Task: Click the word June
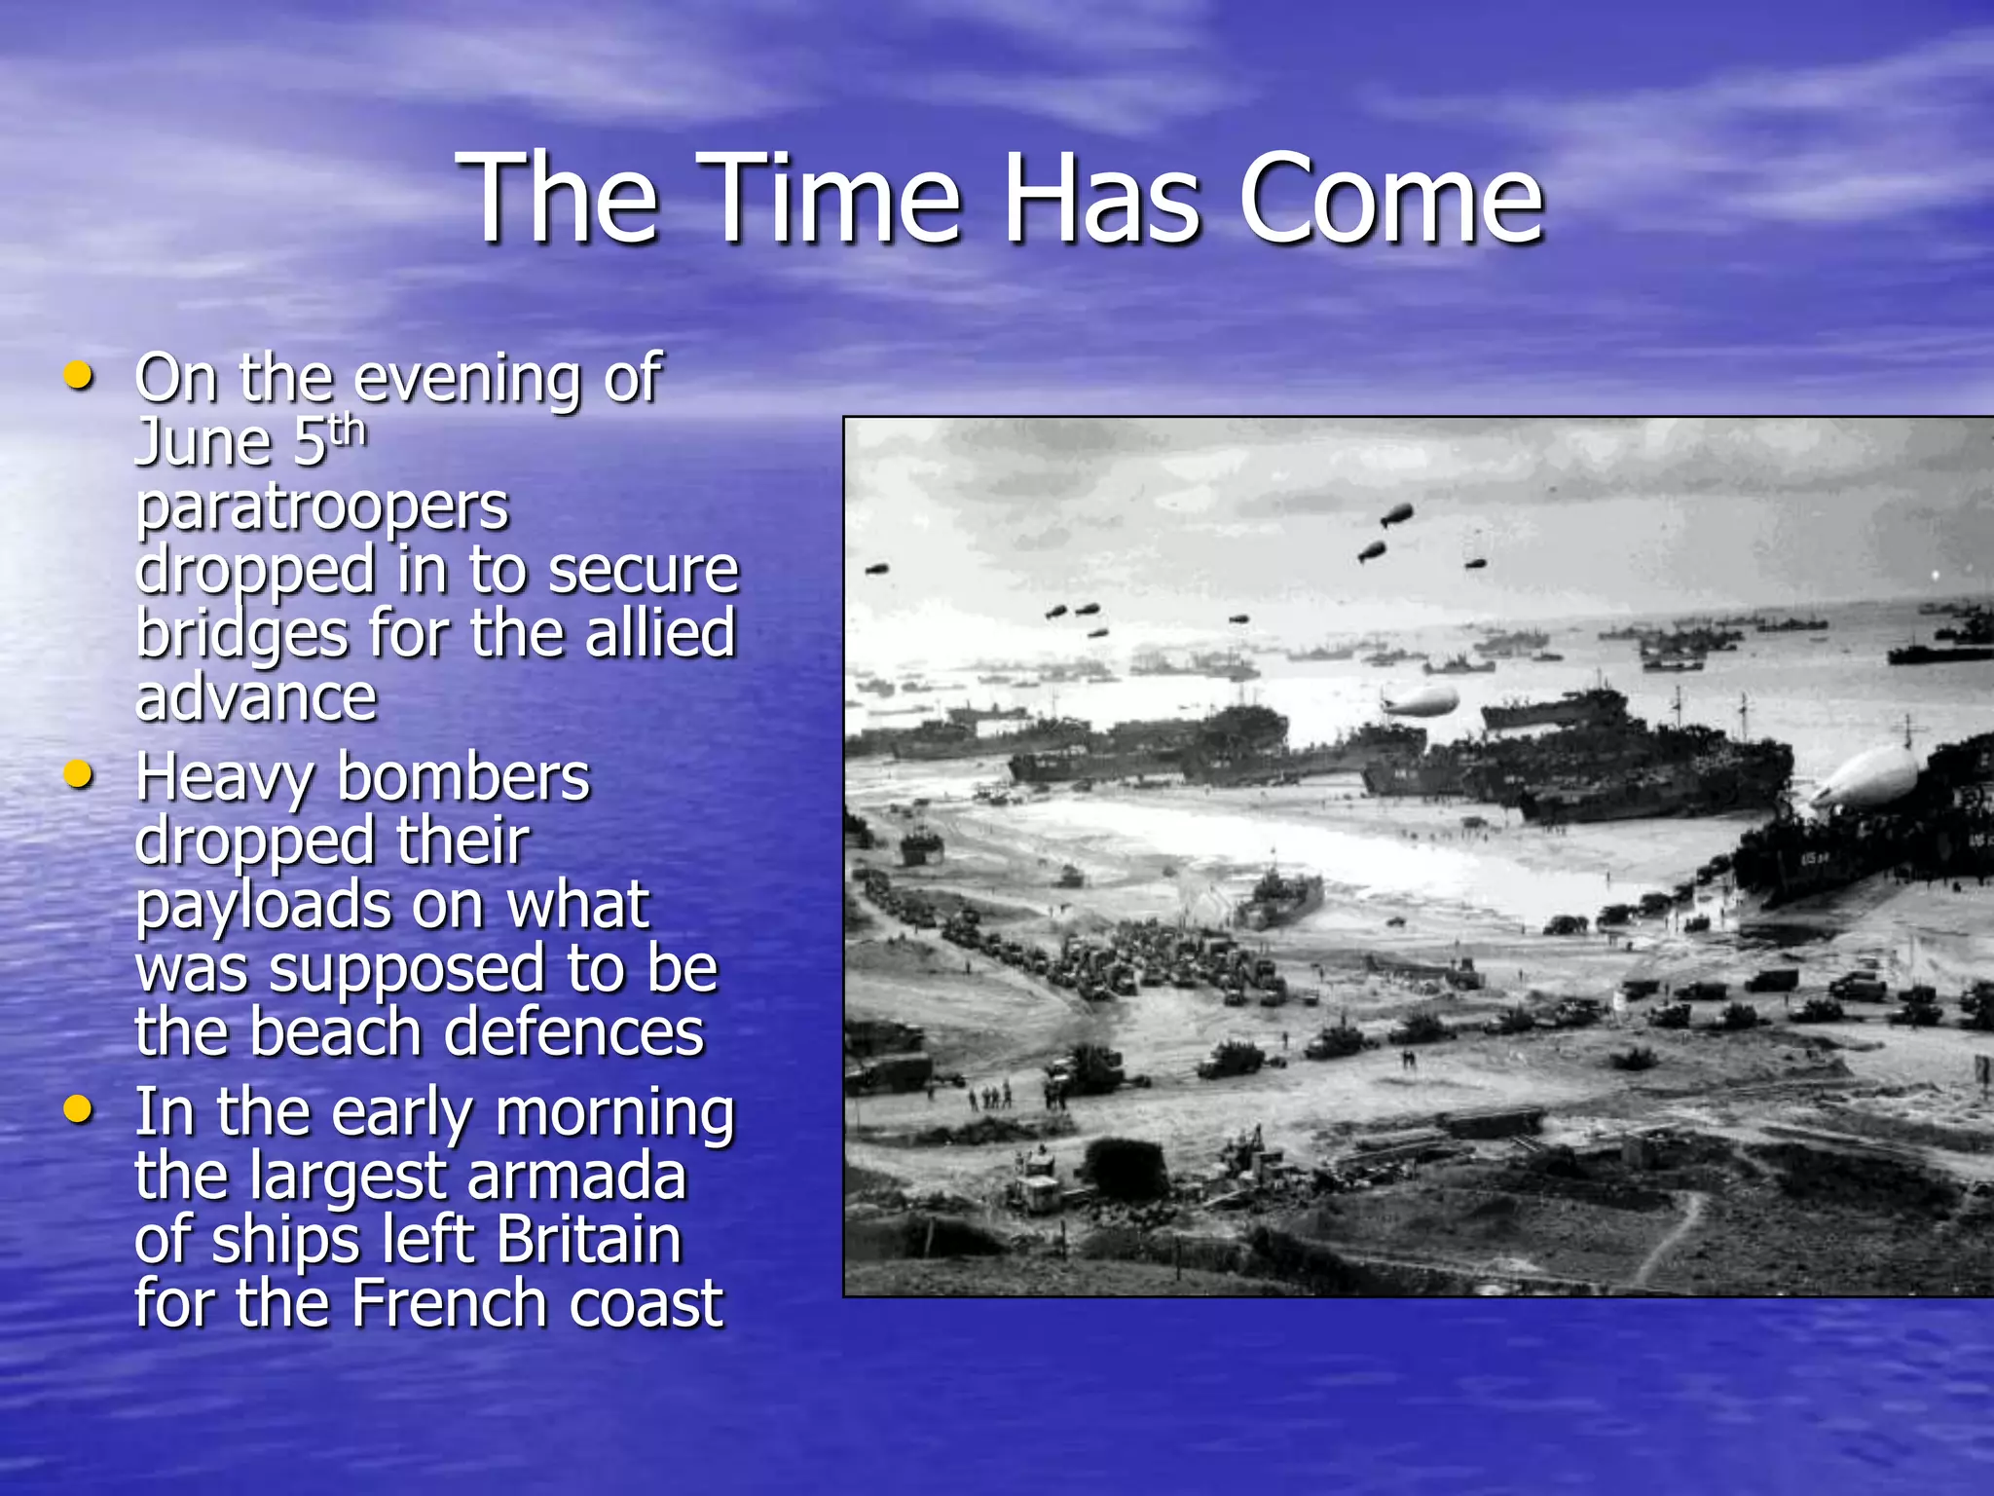point(204,443)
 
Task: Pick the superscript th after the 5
point(347,430)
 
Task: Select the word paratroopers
point(322,507)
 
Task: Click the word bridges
point(241,634)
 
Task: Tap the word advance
point(256,697)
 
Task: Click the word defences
point(578,1032)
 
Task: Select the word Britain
point(589,1240)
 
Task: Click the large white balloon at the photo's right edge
point(1865,777)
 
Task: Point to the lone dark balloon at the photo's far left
point(877,569)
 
